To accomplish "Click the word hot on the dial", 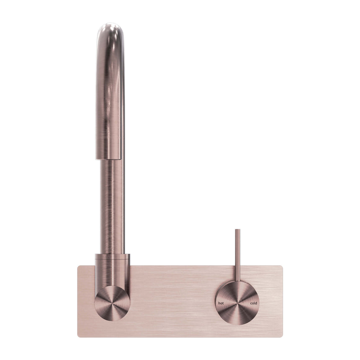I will [221, 302].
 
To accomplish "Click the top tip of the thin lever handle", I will [237, 230].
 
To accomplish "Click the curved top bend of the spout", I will [110, 31].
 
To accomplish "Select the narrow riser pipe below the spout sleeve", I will [112, 205].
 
